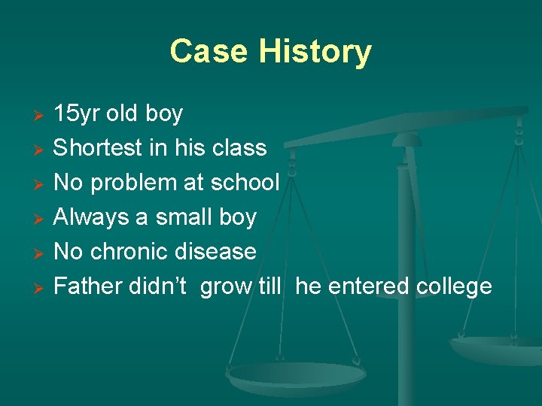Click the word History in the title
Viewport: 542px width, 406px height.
pyautogui.click(x=315, y=51)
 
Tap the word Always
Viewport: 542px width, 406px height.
pyautogui.click(x=91, y=217)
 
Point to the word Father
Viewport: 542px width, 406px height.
pyautogui.click(x=88, y=286)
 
